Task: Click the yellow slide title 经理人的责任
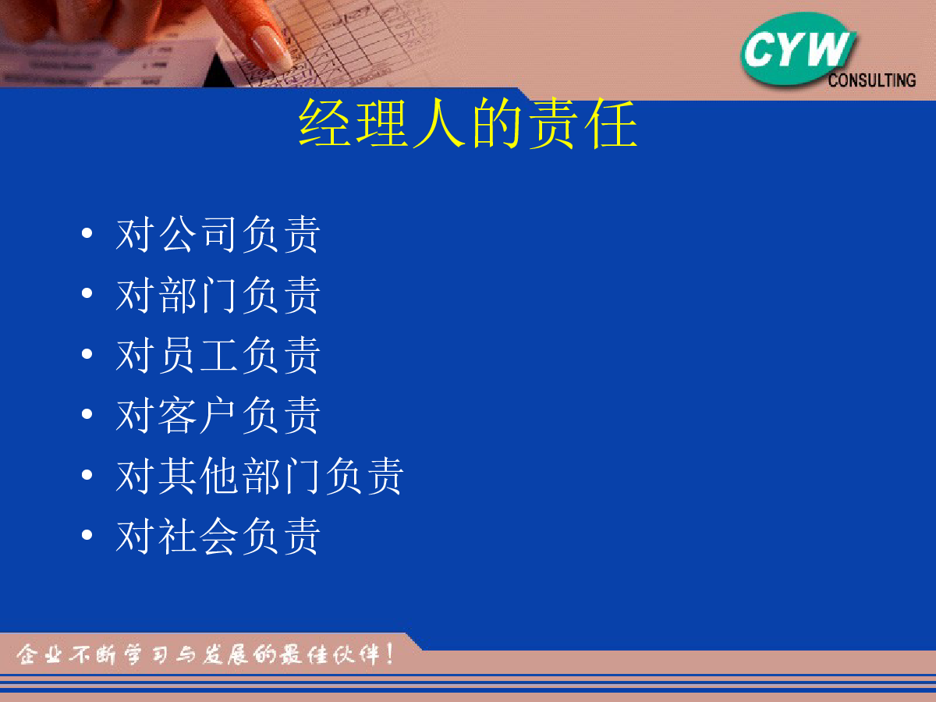pos(468,123)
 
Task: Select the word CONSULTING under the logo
pos(871,80)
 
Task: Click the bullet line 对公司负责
pos(218,234)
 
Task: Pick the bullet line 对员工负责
pos(218,355)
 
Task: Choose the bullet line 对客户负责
pos(218,415)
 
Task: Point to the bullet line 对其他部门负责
pos(259,476)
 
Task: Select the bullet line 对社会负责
pos(218,536)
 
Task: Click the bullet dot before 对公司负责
pos(87,232)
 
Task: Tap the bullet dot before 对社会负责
pos(87,534)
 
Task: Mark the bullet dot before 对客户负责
pos(87,414)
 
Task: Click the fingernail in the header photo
pos(271,50)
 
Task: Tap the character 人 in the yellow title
pos(439,123)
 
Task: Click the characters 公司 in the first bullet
pos(197,234)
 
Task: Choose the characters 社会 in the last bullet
pos(198,536)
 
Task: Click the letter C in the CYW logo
pos(760,50)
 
